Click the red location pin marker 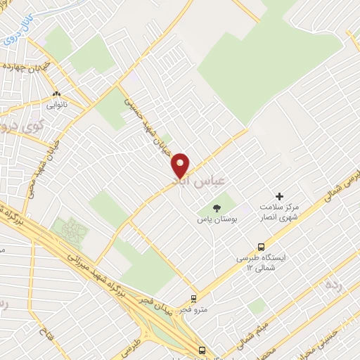click(x=181, y=165)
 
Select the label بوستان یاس click(x=217, y=219)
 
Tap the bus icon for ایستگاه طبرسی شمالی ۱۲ click(x=262, y=247)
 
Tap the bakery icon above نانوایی click(x=57, y=94)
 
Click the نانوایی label click(x=57, y=105)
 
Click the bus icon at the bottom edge click(x=202, y=350)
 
